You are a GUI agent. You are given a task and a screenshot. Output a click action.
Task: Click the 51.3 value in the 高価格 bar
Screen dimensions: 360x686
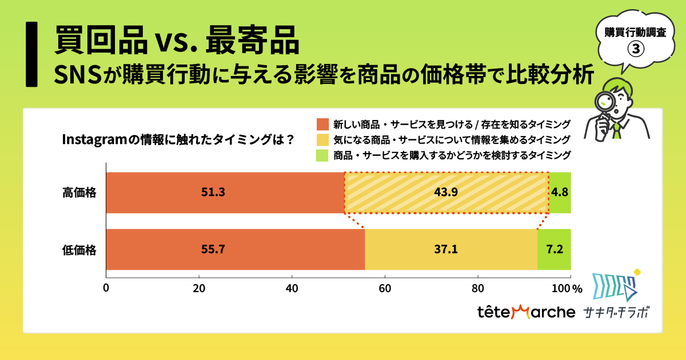213,193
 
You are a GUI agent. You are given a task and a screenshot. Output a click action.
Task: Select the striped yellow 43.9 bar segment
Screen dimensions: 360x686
446,193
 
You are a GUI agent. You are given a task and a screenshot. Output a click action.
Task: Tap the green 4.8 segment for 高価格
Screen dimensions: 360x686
560,193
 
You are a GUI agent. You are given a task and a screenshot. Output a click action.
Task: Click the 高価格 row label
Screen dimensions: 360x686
79,193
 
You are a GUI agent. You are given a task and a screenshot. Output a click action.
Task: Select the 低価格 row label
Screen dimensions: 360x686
79,250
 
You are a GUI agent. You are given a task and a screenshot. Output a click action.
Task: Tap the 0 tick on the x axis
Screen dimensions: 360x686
106,288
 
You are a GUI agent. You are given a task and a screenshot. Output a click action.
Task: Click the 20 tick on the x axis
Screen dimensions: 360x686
199,288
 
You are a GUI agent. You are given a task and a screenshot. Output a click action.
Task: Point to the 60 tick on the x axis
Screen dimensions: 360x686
385,288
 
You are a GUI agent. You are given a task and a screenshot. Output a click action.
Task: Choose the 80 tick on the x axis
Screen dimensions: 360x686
478,288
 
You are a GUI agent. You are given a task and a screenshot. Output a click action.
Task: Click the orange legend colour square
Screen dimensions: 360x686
322,124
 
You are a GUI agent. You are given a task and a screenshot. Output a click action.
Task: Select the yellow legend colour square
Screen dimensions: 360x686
322,139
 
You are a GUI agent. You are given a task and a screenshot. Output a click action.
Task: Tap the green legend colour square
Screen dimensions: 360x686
322,155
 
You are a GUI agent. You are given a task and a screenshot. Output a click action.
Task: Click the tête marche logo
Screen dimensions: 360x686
526,312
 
